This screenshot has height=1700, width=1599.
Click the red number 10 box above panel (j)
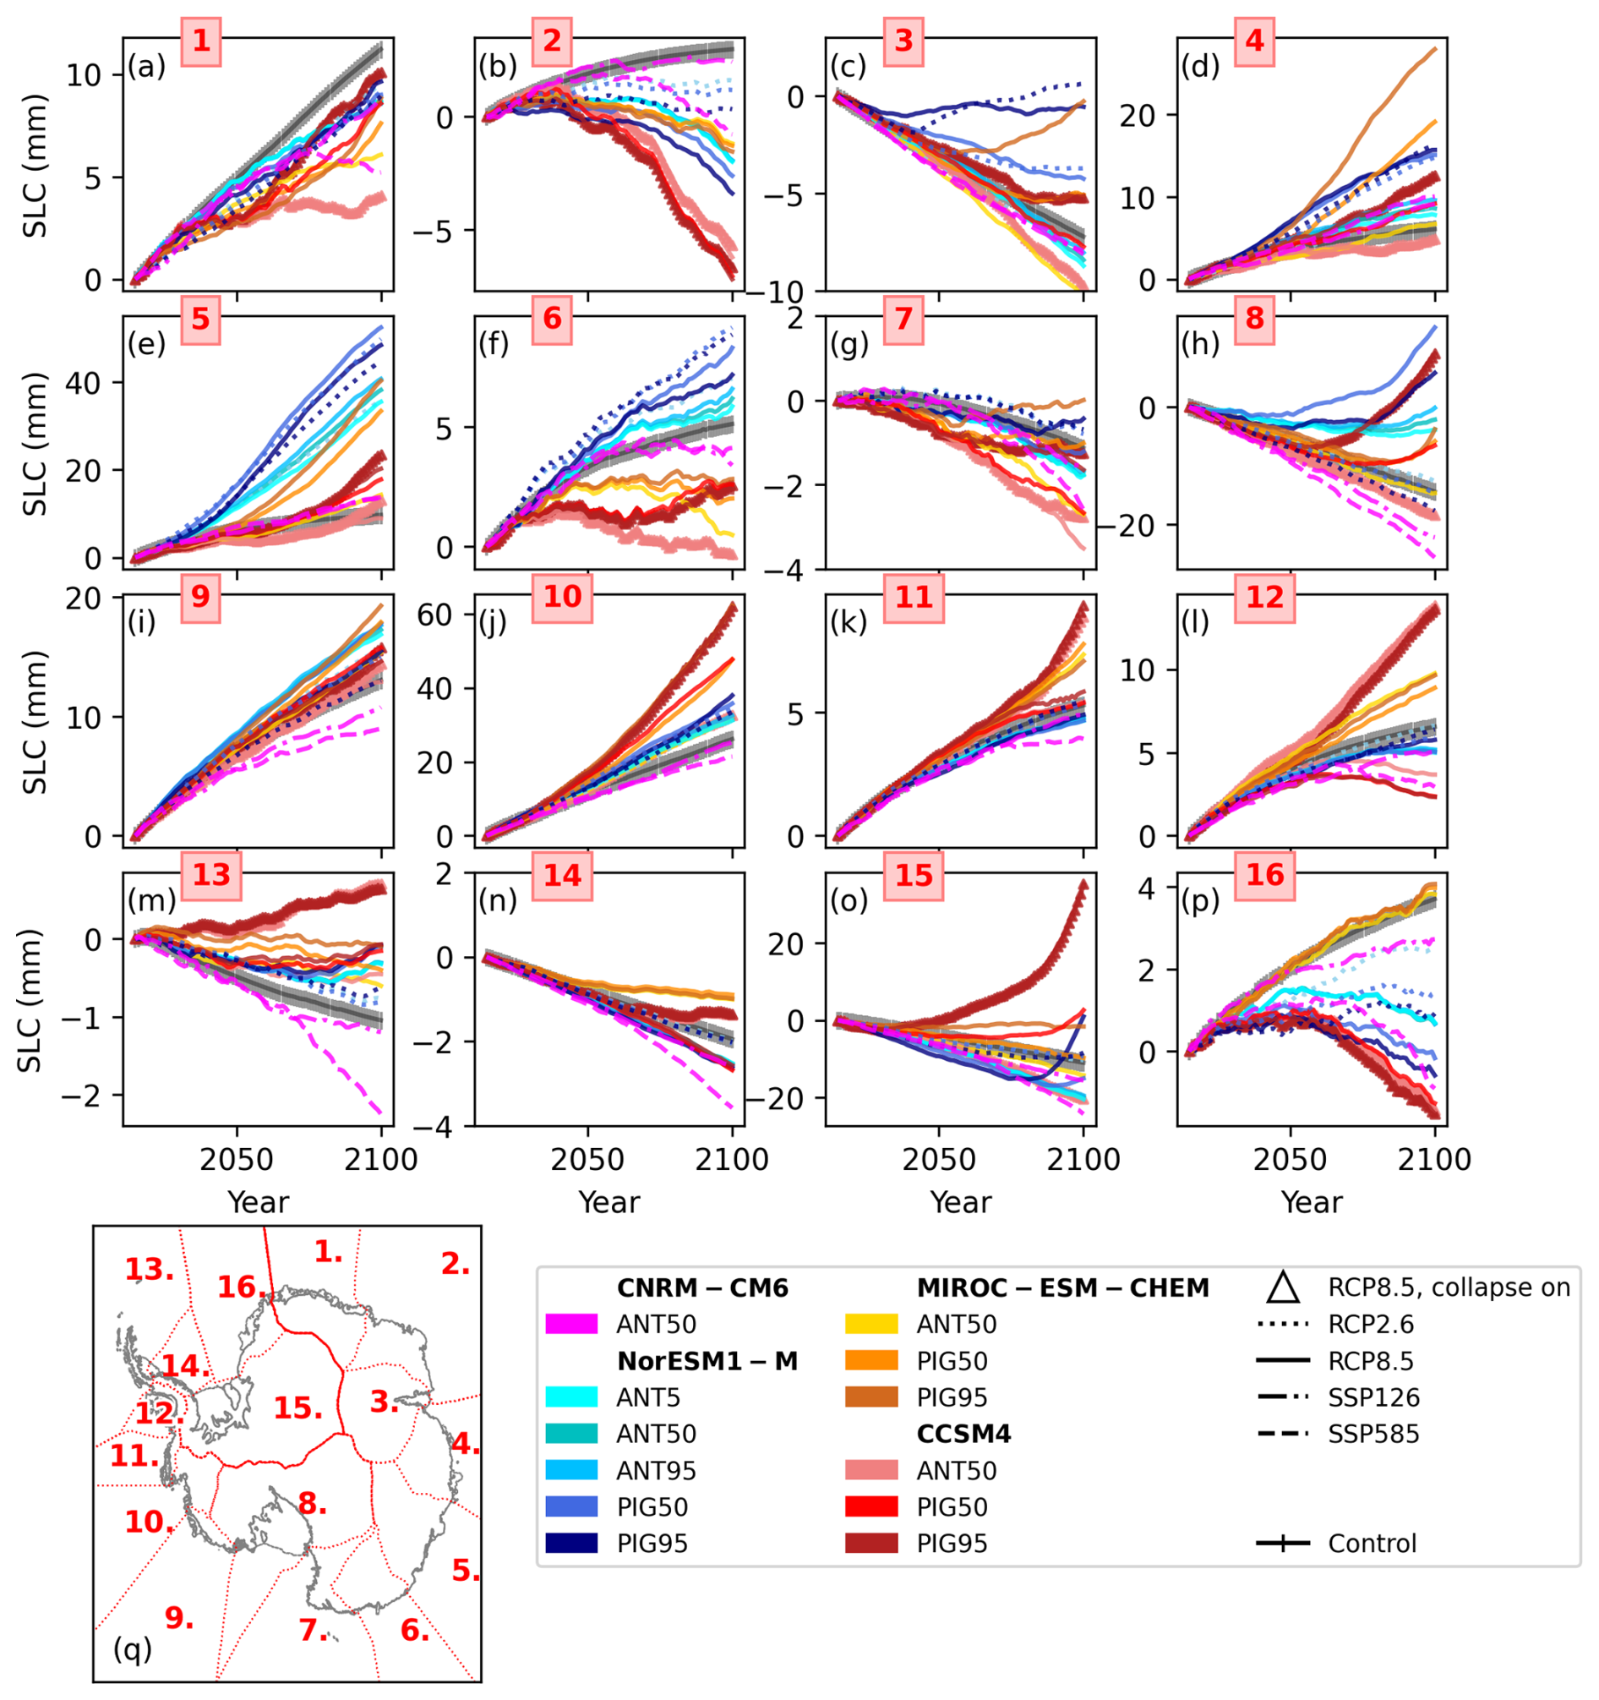point(562,597)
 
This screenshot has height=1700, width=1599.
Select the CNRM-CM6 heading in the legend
point(702,1287)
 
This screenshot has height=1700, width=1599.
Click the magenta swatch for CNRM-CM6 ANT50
point(571,1324)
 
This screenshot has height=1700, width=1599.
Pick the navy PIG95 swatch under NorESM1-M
point(571,1544)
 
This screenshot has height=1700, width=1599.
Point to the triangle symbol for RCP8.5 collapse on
point(1283,1287)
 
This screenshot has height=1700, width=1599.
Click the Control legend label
point(1372,1544)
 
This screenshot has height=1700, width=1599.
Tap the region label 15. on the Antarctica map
point(297,1408)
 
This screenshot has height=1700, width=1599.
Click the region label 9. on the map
point(178,1616)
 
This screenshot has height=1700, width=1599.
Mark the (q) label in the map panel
point(133,1648)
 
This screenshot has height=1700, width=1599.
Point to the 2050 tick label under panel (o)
point(939,1160)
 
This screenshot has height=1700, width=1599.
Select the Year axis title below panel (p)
point(1312,1202)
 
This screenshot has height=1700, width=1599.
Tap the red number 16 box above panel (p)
point(1264,875)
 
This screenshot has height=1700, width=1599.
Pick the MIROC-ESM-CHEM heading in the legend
point(1063,1287)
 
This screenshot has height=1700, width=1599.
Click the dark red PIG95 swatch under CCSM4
point(871,1544)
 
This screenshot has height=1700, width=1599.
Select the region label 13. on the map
point(149,1269)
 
